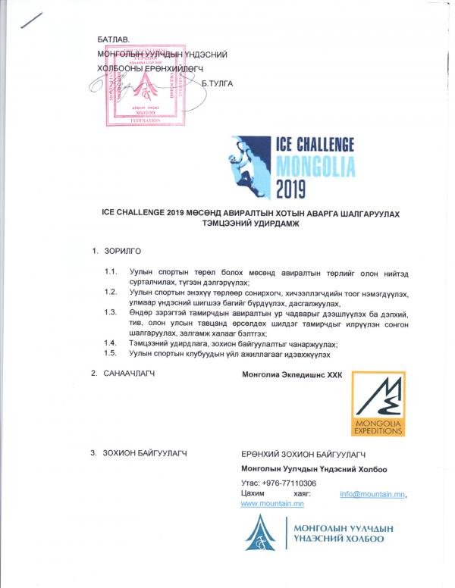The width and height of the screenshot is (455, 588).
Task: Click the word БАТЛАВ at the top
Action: click(114, 39)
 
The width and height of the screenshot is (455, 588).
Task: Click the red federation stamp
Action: click(140, 84)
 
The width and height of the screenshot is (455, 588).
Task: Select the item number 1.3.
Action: click(111, 312)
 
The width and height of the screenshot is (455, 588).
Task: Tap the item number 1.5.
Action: click(111, 353)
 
